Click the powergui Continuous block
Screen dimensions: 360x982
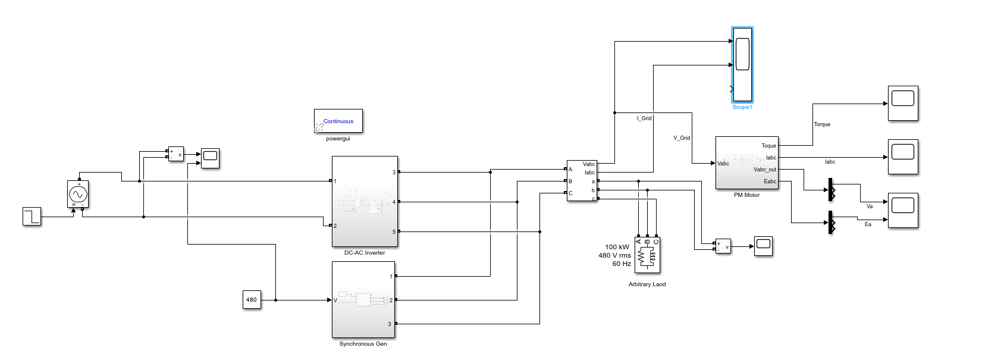pyautogui.click(x=338, y=121)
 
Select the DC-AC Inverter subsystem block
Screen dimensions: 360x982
pyautogui.click(x=365, y=201)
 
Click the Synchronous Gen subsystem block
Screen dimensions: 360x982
pyautogui.click(x=363, y=299)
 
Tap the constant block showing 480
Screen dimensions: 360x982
pyautogui.click(x=252, y=299)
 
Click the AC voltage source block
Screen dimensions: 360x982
pyautogui.click(x=78, y=194)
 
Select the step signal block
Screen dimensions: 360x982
pyautogui.click(x=32, y=216)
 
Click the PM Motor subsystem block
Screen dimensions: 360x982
pyautogui.click(x=746, y=162)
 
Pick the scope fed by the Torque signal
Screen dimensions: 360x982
pyautogui.click(x=903, y=103)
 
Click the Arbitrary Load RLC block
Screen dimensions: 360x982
pyautogui.click(x=647, y=255)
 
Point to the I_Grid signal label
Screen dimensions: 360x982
pyautogui.click(x=644, y=118)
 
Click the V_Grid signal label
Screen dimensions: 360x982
pyautogui.click(x=682, y=138)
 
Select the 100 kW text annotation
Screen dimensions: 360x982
pyautogui.click(x=617, y=247)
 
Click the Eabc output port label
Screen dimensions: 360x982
pyautogui.click(x=770, y=181)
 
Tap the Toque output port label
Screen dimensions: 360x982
pyautogui.click(x=768, y=146)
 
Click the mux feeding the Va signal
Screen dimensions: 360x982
pyautogui.click(x=830, y=190)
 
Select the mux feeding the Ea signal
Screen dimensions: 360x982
pyautogui.click(x=830, y=223)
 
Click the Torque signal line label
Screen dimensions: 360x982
pyautogui.click(x=822, y=124)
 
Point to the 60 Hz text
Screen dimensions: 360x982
pyautogui.click(x=622, y=264)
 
